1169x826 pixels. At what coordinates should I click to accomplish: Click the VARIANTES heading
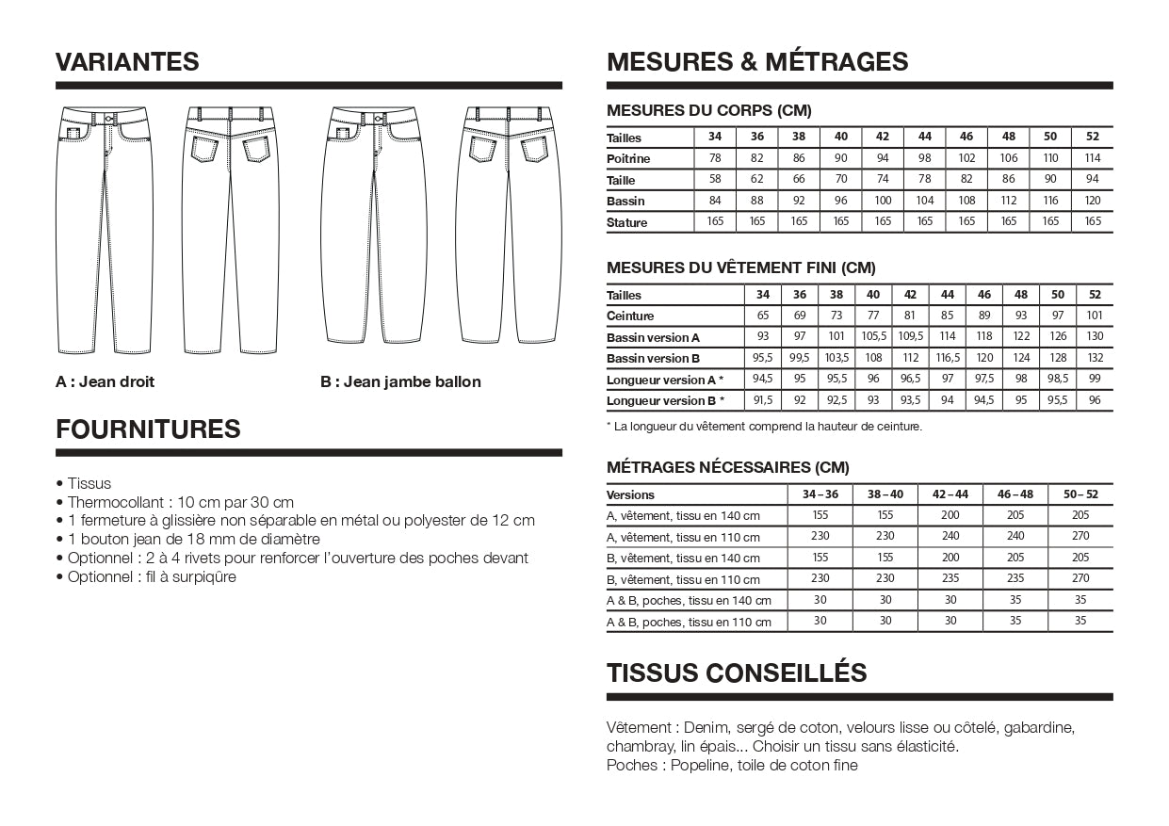[x=127, y=62]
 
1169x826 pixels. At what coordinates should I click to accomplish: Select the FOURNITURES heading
[x=148, y=429]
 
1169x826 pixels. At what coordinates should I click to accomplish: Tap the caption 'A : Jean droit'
[x=105, y=381]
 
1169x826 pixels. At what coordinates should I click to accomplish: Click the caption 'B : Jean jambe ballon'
[x=400, y=381]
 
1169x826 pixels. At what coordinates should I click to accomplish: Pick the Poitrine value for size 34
[x=715, y=158]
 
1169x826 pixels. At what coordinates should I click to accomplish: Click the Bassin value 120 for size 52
[x=1093, y=201]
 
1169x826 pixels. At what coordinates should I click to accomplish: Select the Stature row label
[x=627, y=223]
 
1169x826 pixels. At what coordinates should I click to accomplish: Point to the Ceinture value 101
[x=1095, y=316]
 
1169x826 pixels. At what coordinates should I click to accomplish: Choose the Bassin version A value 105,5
[x=873, y=337]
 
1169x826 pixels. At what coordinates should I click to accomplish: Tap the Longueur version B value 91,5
[x=763, y=400]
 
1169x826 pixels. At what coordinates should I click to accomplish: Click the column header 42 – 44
[x=950, y=494]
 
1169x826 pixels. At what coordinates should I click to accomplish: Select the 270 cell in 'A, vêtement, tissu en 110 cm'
[x=1080, y=537]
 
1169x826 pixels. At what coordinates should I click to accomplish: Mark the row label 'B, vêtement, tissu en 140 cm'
[x=683, y=559]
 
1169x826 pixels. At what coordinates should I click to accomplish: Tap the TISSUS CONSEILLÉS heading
[x=737, y=672]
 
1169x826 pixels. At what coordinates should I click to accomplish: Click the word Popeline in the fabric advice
[x=701, y=765]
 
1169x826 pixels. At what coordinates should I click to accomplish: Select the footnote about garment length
[x=764, y=427]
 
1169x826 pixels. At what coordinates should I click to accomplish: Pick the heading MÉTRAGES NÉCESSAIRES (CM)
[x=728, y=467]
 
